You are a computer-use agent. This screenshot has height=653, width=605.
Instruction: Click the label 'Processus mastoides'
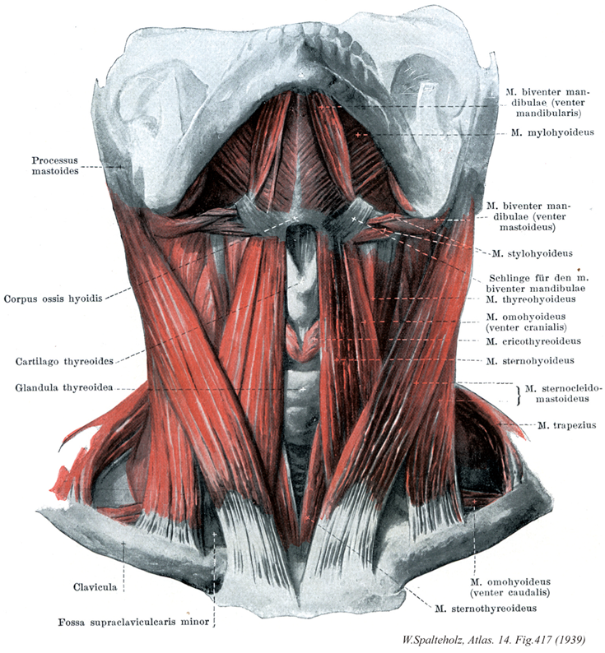pyautogui.click(x=55, y=166)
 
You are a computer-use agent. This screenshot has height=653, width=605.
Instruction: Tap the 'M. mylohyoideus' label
pyautogui.click(x=552, y=133)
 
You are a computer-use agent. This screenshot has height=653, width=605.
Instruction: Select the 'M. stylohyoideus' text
pyautogui.click(x=533, y=253)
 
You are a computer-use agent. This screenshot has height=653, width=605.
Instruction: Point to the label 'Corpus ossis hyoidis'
pyautogui.click(x=53, y=299)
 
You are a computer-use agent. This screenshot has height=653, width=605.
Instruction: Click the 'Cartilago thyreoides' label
pyautogui.click(x=64, y=361)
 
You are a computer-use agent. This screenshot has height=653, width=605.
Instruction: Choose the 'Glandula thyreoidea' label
pyautogui.click(x=64, y=387)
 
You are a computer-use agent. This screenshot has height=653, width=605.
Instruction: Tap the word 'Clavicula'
pyautogui.click(x=95, y=587)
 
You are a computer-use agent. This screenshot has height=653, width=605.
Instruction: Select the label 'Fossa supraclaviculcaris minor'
pyautogui.click(x=133, y=623)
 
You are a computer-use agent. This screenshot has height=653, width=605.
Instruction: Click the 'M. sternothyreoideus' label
pyautogui.click(x=486, y=609)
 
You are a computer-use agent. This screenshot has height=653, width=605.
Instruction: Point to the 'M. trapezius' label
pyautogui.click(x=566, y=425)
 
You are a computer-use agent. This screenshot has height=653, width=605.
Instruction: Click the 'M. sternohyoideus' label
pyautogui.click(x=530, y=361)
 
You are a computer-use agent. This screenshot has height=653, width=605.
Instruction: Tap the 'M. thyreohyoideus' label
pyautogui.click(x=531, y=299)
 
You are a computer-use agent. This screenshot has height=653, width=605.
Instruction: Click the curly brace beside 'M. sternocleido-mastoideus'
pyautogui.click(x=519, y=395)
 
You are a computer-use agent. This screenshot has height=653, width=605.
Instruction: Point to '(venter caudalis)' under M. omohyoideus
pyautogui.click(x=510, y=592)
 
